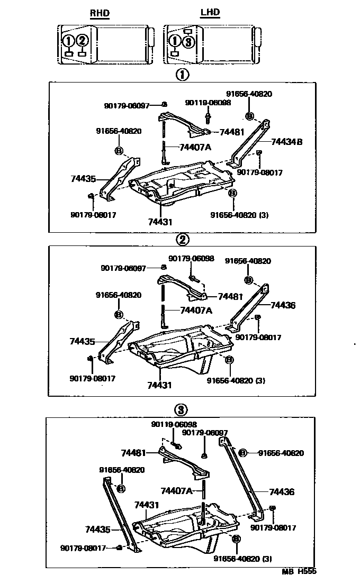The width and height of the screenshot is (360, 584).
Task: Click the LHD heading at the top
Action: pos(210,13)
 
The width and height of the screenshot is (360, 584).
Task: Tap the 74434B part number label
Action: pos(286,141)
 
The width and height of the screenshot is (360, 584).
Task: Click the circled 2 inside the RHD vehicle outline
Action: pos(82,40)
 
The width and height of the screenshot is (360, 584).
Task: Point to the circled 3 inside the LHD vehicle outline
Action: pos(189,42)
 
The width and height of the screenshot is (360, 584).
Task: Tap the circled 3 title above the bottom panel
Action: pos(181,409)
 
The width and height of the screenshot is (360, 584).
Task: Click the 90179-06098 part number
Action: pos(191,259)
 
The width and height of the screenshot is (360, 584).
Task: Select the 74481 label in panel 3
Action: pos(133,453)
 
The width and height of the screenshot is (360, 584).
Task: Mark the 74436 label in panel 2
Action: pos(283,305)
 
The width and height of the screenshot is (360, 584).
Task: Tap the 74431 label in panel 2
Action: pos(159,385)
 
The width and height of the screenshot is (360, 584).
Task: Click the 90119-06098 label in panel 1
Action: pos(208,103)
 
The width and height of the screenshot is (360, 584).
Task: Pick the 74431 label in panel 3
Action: pos(147,505)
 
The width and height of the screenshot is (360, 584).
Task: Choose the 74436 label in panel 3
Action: pos(282,492)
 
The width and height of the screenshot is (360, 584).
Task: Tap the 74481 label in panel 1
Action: pos(231,132)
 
